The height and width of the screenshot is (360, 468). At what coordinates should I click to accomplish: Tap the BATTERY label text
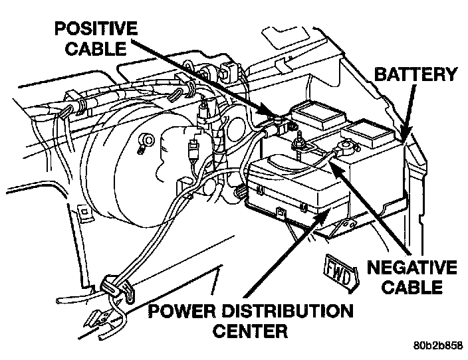coord(416,74)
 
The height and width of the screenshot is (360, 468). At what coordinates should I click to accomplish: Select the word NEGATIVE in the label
coord(412,268)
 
